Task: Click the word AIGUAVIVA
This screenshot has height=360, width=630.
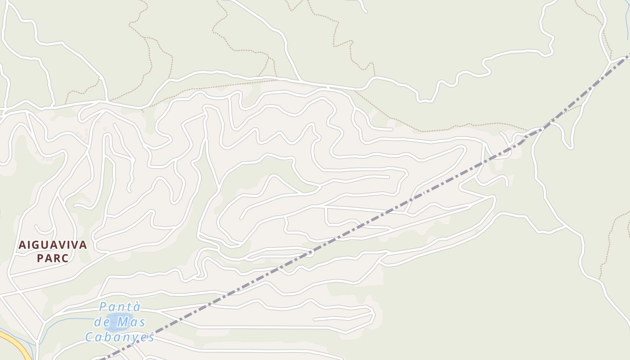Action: tap(53, 245)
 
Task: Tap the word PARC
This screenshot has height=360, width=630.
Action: tap(53, 259)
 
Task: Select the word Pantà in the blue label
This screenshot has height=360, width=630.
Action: tap(120, 307)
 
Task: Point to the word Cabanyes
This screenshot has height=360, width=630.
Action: tap(120, 337)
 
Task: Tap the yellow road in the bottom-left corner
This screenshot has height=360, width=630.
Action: tap(13, 342)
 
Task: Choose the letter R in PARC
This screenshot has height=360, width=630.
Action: tap(56, 259)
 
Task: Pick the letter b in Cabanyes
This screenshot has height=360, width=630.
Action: tap(107, 337)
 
